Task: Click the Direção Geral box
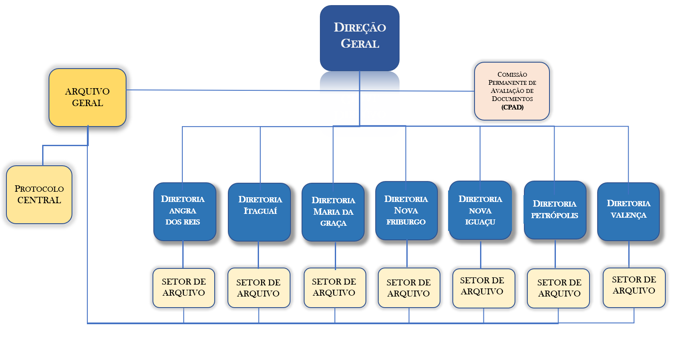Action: pos(360,37)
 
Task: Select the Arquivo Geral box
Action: pos(87,97)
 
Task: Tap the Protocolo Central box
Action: pos(39,194)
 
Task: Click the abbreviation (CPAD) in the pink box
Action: pos(512,107)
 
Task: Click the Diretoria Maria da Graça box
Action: pos(333,212)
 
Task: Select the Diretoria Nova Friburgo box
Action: pos(406,210)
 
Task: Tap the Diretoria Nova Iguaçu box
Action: pos(480,210)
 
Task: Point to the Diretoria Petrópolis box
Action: pos(555,210)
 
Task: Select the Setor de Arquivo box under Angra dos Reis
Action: pos(184,288)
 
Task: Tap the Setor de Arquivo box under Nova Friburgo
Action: pos(408,288)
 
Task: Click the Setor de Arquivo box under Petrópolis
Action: pos(558,288)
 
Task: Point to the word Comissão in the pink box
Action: pos(512,75)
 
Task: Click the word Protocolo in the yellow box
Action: pos(39,189)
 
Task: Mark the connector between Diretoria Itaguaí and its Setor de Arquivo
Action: pos(258,254)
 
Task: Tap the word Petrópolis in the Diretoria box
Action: pos(555,216)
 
